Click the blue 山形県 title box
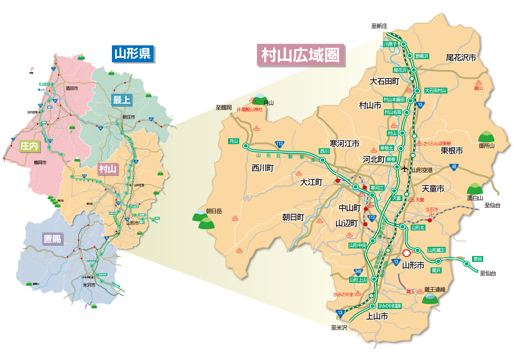click(x=133, y=54)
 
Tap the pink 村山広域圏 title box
click(x=300, y=55)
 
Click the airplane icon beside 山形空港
click(x=405, y=169)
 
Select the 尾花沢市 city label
click(x=461, y=58)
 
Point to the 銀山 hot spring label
click(x=478, y=88)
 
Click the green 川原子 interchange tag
click(x=390, y=44)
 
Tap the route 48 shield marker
click(x=454, y=167)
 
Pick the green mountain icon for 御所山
click(x=486, y=137)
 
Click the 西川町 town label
click(x=263, y=168)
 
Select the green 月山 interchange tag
click(x=234, y=141)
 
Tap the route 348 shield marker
click(x=358, y=272)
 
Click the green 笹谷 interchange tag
click(x=478, y=259)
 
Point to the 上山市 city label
click(x=377, y=316)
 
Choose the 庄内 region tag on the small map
click(x=29, y=146)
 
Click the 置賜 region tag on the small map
click(x=52, y=239)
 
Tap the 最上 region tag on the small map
click(x=122, y=100)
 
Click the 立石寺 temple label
click(x=432, y=210)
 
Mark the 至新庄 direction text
click(x=379, y=26)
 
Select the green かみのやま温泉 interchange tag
click(x=390, y=306)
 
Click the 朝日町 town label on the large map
click(x=293, y=217)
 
